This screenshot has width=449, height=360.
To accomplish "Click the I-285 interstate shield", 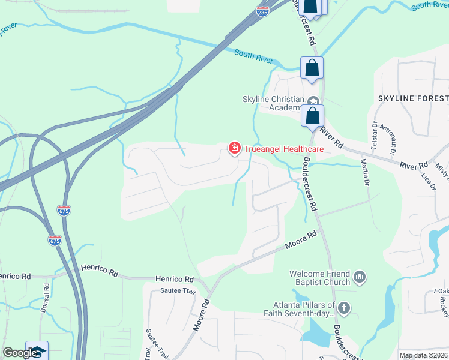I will click(262, 11).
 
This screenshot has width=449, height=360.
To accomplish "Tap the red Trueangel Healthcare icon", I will click(234, 148).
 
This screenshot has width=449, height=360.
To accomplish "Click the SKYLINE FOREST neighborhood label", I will click(413, 98).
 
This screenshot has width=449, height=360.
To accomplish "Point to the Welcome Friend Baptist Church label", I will click(320, 278).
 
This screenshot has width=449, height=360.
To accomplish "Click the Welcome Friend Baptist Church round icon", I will click(360, 277).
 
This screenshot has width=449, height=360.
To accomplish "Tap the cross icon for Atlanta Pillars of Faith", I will click(343, 308).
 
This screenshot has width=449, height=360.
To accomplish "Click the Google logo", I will click(19, 353).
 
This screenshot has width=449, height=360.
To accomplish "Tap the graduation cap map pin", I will click(37, 351).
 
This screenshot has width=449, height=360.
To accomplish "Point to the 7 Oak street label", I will click(440, 292).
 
